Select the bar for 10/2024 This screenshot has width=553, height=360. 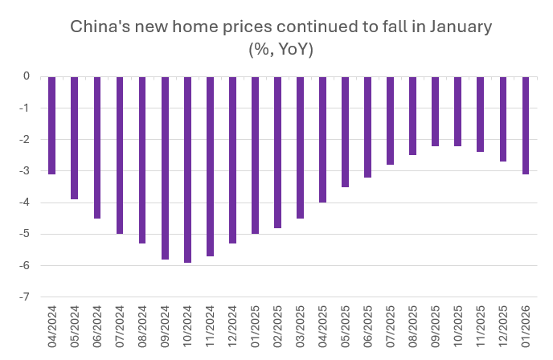point(187,170)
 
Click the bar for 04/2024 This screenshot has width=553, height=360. point(51,125)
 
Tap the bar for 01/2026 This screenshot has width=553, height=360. point(526,125)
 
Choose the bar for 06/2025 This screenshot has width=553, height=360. point(368,127)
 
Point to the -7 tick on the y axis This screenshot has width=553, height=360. point(26,297)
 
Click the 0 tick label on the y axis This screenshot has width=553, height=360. point(27,77)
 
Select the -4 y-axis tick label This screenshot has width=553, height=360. point(26,203)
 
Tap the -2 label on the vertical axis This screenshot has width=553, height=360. point(26,140)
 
